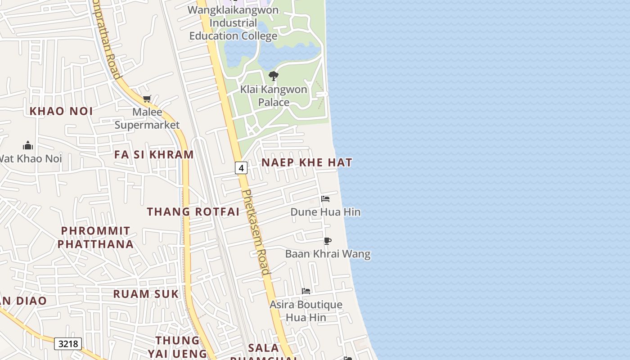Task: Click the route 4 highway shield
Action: [x=241, y=168]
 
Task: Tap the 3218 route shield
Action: [x=68, y=344]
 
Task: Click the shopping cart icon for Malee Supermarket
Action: [x=147, y=99]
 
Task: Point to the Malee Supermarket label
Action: [x=147, y=118]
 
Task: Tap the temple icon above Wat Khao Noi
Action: [x=28, y=145]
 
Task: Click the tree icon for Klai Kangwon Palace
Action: [x=273, y=76]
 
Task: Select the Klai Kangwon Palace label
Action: [x=274, y=96]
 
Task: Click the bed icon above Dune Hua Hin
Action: [x=325, y=199]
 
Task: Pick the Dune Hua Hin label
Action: [x=325, y=212]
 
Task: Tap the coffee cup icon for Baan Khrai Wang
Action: [x=328, y=241]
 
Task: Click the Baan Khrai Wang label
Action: [x=328, y=254]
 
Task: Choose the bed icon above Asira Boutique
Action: [x=306, y=291]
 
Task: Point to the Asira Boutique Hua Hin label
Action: [x=306, y=311]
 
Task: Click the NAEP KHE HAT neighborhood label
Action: [x=307, y=162]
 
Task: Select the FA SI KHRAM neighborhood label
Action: [x=154, y=155]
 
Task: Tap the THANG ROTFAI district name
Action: [x=193, y=211]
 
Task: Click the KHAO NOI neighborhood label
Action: [x=61, y=111]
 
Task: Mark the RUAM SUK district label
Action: [x=146, y=294]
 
